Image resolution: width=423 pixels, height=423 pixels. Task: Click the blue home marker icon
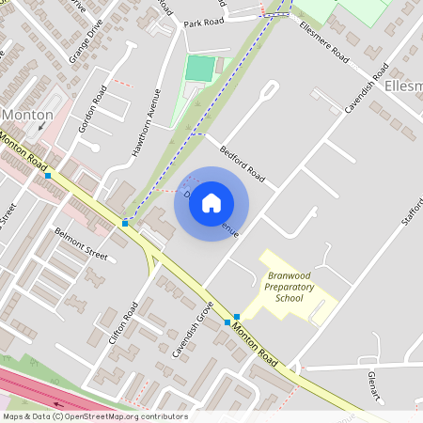[211, 202]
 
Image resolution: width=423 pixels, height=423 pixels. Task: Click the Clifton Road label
[123, 323]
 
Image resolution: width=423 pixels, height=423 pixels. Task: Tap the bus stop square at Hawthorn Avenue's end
[124, 224]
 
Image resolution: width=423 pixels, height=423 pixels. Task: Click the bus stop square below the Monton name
[47, 176]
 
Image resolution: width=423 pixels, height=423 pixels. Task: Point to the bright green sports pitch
[199, 69]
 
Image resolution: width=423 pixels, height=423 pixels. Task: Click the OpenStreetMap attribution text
[95, 416]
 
